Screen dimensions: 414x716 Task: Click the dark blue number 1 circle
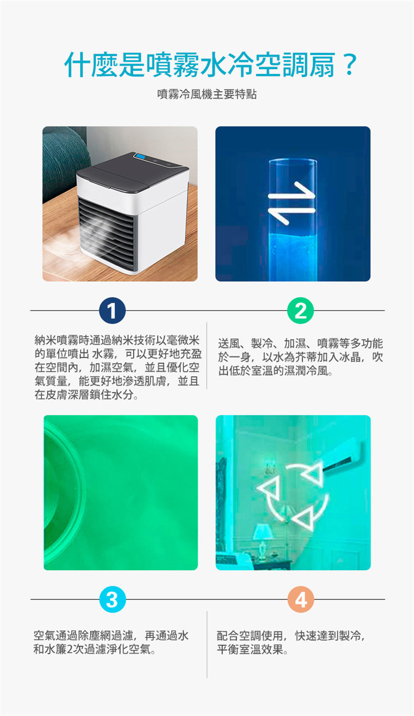[112, 310]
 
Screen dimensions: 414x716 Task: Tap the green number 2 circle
[300, 310]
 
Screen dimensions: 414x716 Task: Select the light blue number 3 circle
[113, 599]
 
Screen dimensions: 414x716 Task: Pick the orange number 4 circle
[301, 599]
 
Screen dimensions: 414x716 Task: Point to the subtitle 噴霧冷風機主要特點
[207, 94]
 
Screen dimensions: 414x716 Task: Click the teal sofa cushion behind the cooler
[62, 160]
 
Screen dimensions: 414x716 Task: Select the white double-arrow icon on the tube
[291, 203]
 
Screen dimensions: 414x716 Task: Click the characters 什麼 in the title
[92, 65]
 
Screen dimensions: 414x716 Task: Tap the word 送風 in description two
[229, 344]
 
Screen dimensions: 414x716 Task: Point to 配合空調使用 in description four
[250, 635]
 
